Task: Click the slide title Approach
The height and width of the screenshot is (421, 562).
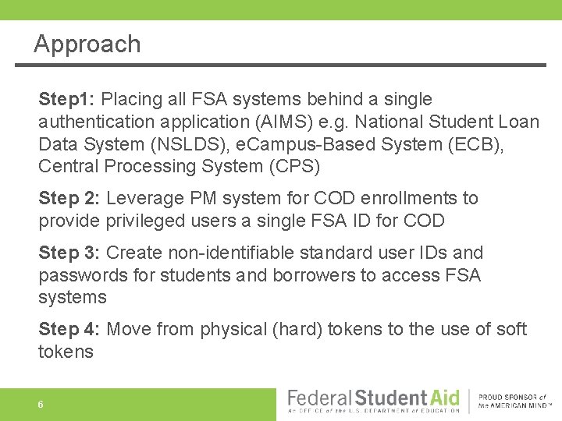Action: click(87, 44)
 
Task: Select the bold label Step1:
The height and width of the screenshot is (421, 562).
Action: click(67, 100)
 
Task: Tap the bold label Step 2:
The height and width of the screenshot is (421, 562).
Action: click(69, 199)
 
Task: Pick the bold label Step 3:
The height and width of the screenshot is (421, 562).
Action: click(69, 253)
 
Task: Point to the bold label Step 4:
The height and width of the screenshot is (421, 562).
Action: click(69, 330)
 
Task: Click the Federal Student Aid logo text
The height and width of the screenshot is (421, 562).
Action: click(374, 398)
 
